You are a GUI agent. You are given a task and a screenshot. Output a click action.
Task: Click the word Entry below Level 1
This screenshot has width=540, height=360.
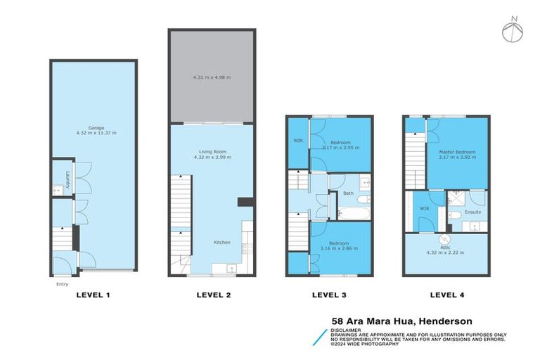pos(62,284)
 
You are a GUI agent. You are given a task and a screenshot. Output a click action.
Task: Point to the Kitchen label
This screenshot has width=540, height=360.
pos(222,242)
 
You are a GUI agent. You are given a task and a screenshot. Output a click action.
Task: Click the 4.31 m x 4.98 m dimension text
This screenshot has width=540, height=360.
pos(211,77)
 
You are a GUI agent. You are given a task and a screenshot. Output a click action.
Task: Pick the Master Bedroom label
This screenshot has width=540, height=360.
pos(457,152)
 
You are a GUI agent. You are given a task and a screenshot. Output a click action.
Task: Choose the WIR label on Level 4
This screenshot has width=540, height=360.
pos(425,209)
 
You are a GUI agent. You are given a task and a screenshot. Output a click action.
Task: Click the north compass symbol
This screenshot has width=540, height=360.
pos(512,30)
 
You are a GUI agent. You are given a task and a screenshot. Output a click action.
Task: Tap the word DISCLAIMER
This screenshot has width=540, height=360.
pos(346,329)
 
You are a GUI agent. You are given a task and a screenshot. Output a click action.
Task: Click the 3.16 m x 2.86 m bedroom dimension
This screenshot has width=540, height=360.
pos(339,248)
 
